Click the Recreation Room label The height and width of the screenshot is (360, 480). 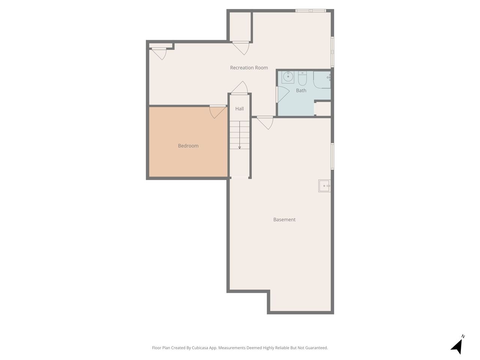[249, 68]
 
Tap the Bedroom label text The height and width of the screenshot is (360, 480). [188, 146]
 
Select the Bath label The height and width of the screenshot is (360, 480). [301, 90]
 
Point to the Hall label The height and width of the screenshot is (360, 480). [240, 109]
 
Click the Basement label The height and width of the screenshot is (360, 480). [284, 219]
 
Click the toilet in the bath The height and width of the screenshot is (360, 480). [302, 78]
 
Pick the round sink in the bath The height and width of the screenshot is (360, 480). [288, 77]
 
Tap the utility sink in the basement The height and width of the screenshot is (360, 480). [324, 186]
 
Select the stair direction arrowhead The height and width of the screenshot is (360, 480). [240, 148]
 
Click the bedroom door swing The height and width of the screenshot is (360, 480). [217, 112]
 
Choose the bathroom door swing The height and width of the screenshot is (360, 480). [282, 94]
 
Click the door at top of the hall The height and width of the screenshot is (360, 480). [240, 88]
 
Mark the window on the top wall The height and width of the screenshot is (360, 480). [310, 10]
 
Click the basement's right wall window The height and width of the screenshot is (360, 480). [332, 156]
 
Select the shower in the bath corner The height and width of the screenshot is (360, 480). [322, 80]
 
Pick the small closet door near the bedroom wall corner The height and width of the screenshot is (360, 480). [159, 53]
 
